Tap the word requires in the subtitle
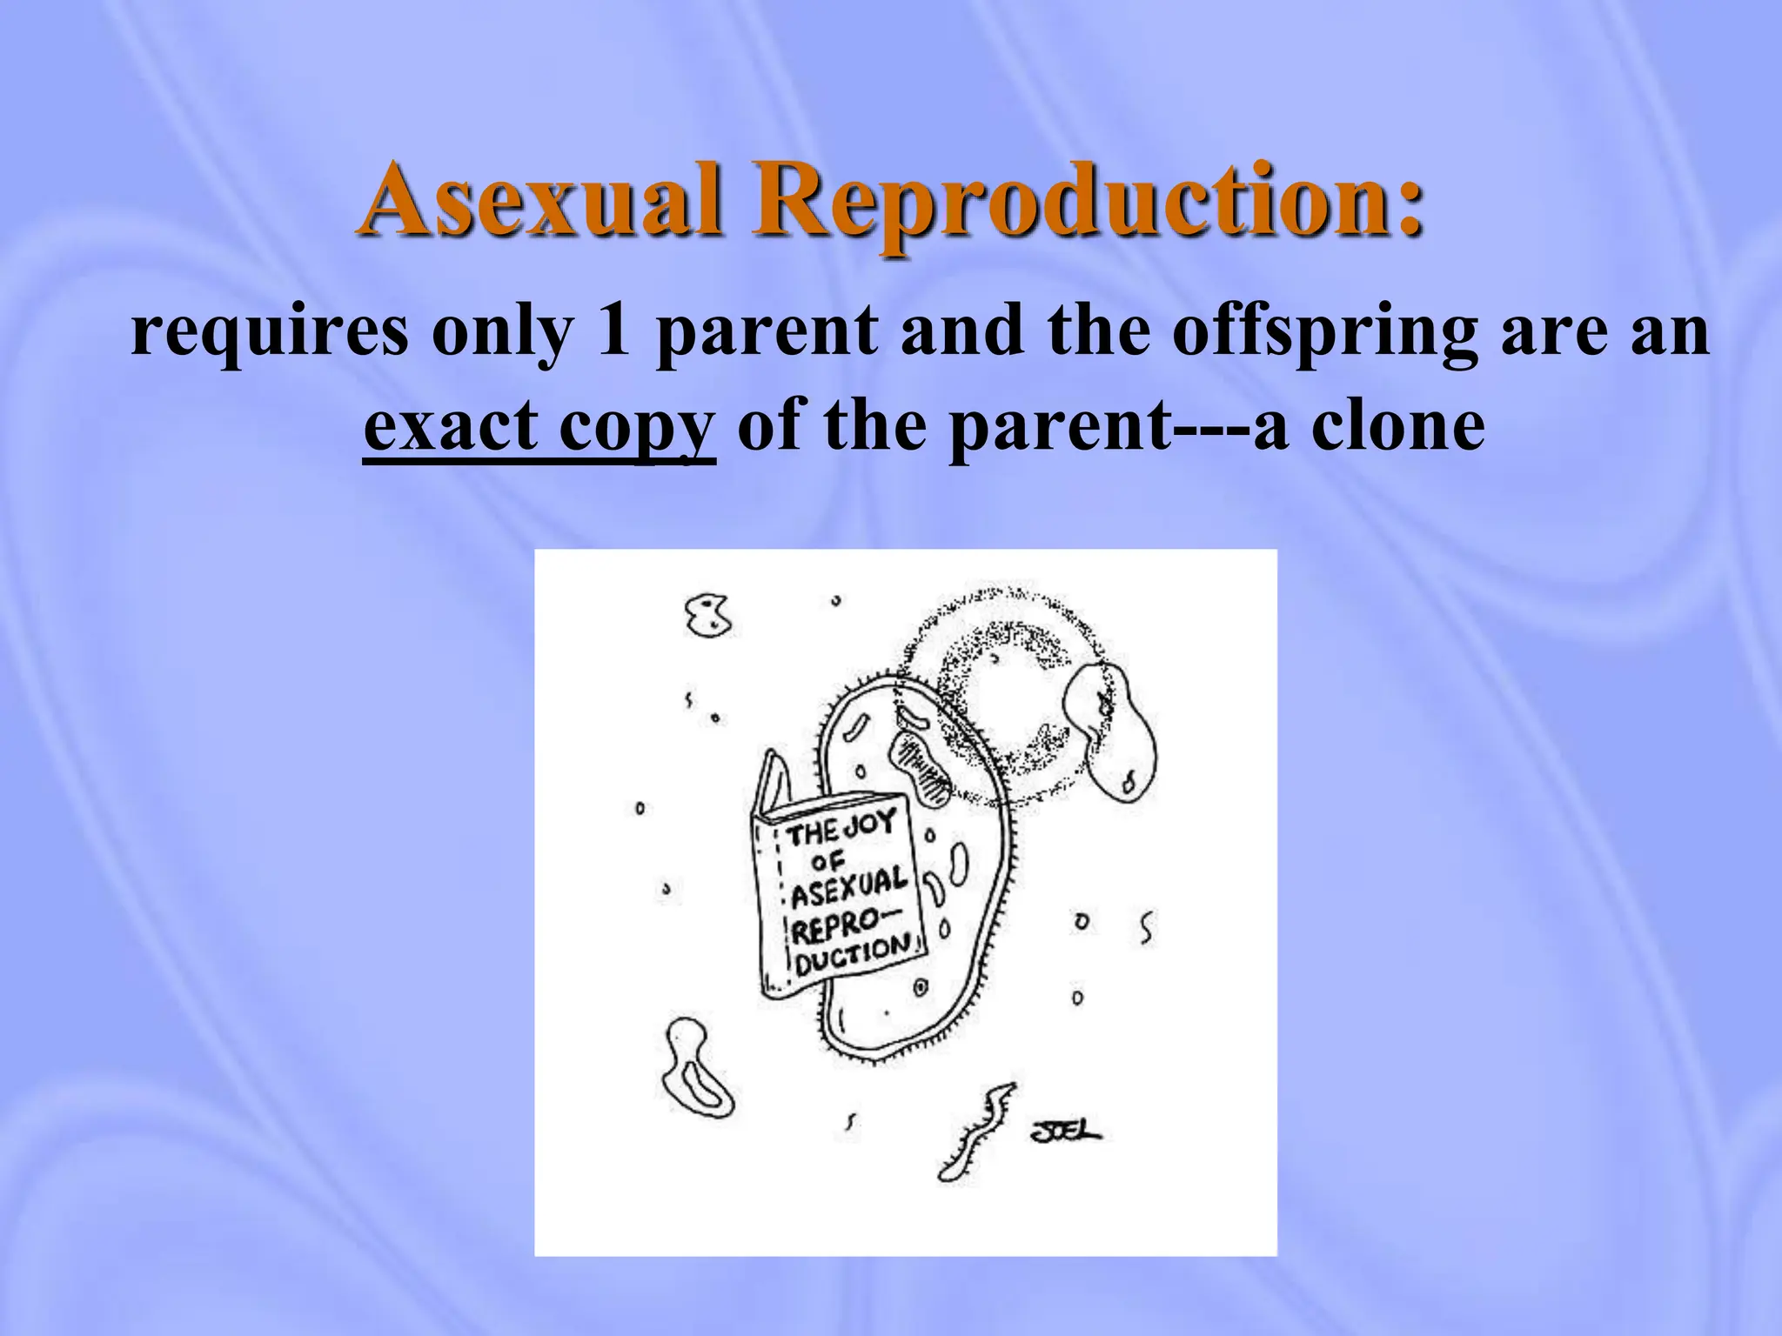269,331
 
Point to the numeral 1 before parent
613,331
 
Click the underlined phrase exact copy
539,427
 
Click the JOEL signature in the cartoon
1065,1131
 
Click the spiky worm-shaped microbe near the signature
975,1131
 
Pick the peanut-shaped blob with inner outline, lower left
697,1069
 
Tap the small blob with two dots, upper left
708,614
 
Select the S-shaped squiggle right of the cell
1147,927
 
